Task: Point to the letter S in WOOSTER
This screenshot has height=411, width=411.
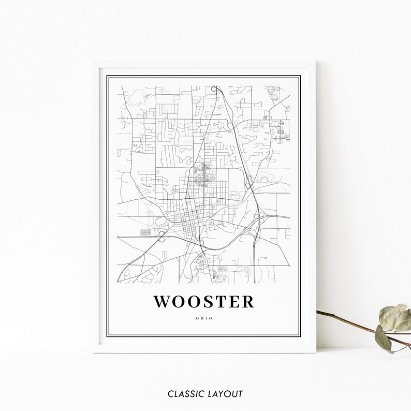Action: [x=213, y=302]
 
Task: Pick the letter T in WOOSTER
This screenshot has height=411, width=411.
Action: [x=226, y=302]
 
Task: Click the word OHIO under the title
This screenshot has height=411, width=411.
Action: [x=205, y=319]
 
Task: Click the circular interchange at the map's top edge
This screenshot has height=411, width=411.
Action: [x=214, y=90]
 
